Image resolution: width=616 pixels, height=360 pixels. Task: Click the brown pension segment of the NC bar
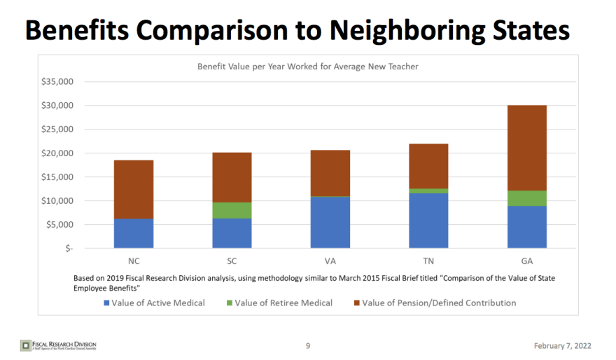pos(134,189)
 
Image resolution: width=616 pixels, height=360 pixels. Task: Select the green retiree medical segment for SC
pos(232,210)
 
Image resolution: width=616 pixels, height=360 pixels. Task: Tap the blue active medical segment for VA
pos(330,222)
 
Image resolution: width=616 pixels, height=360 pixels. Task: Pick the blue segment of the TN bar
pos(428,220)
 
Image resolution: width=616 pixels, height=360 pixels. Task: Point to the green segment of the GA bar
pos(526,198)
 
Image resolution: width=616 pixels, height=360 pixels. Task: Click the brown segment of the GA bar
pos(526,148)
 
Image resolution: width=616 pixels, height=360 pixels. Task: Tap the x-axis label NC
pos(134,261)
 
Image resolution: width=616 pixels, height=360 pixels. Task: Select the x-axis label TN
pos(428,261)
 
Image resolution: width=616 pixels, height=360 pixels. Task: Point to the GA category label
pos(526,261)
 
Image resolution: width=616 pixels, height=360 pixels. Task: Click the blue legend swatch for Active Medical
pos(106,303)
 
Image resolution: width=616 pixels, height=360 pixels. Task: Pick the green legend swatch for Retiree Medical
pos(228,303)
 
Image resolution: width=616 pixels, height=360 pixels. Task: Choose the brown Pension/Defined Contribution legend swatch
pos(357,303)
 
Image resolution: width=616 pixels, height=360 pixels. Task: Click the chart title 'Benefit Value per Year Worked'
pos(307,67)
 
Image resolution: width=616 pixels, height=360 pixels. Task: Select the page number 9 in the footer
pos(308,345)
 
